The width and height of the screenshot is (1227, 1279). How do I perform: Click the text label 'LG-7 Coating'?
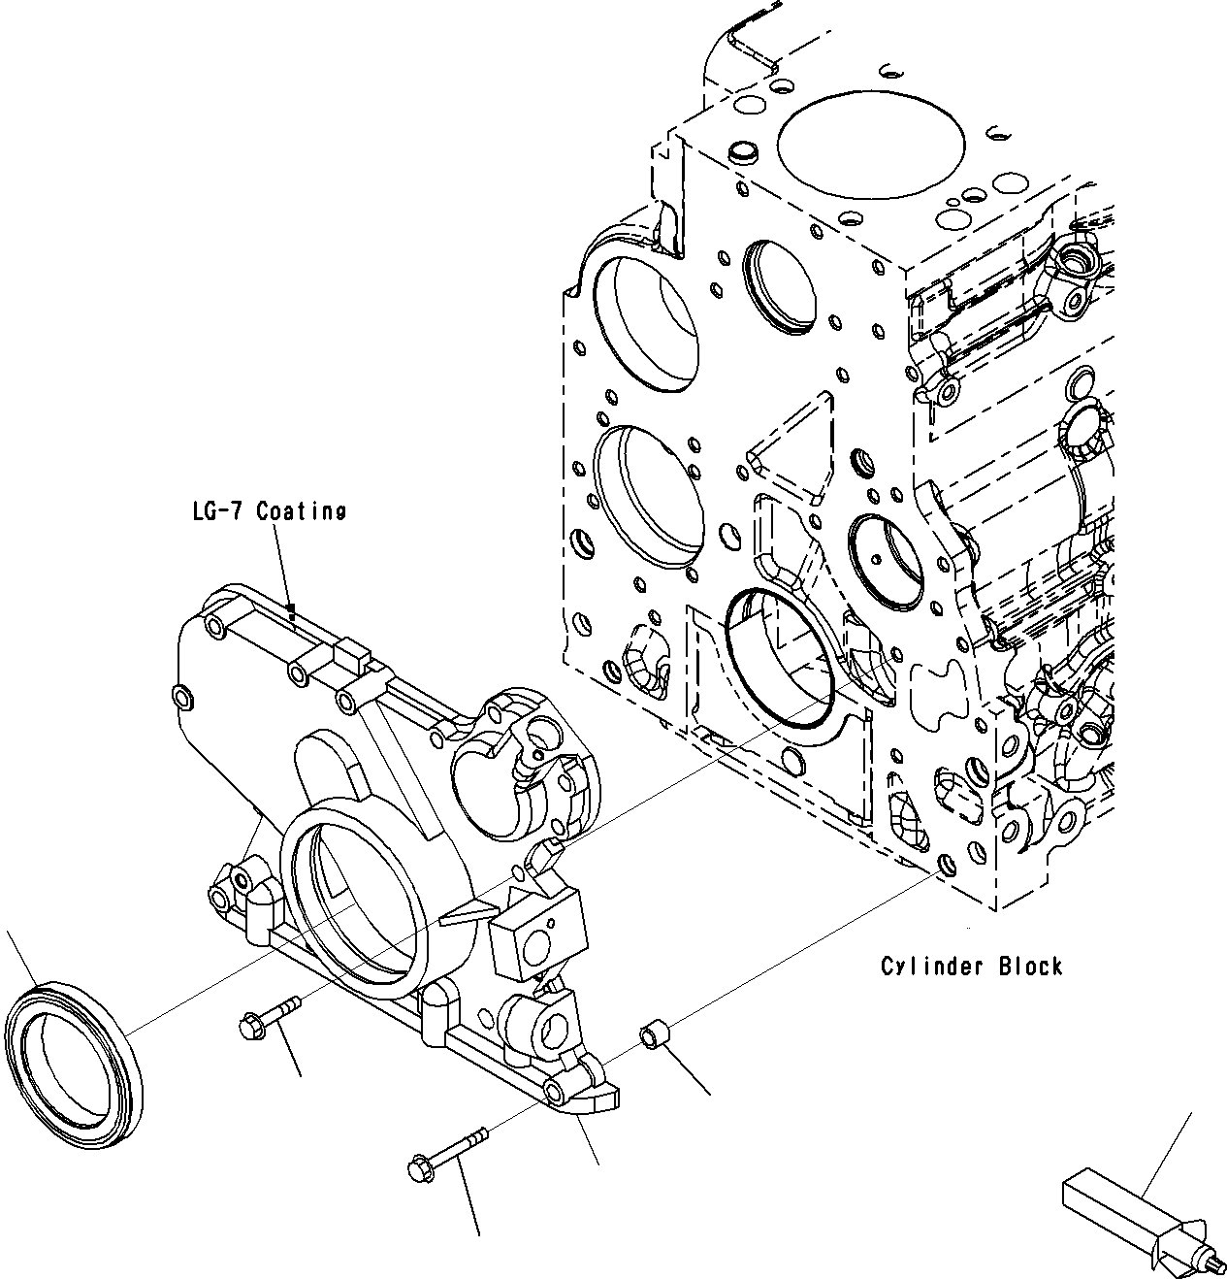(x=268, y=511)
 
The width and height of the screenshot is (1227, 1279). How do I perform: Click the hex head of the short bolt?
(x=248, y=1024)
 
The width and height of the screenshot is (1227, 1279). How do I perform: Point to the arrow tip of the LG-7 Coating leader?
(x=291, y=611)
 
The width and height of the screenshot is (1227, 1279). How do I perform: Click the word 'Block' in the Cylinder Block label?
(x=1032, y=967)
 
